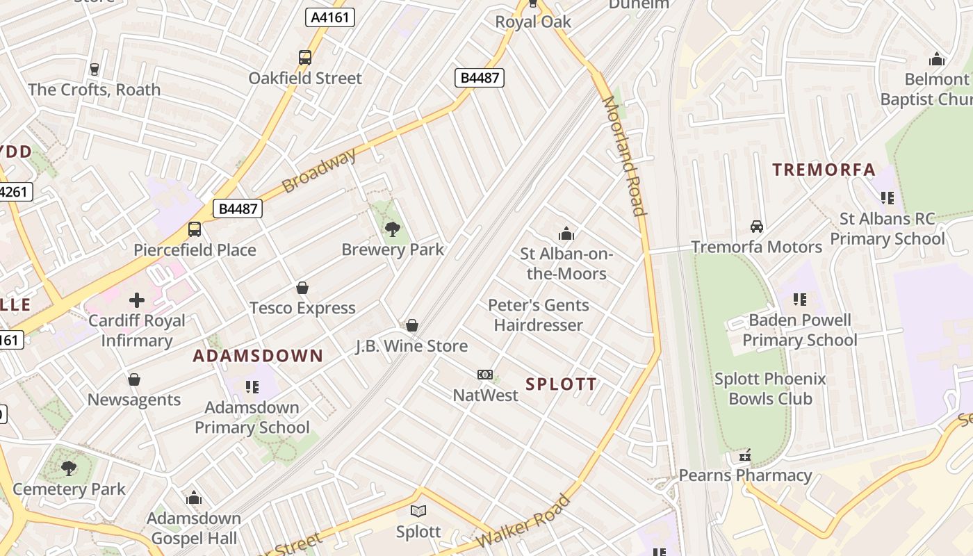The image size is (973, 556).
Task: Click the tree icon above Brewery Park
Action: (x=392, y=229)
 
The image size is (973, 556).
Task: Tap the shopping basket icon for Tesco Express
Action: (x=302, y=288)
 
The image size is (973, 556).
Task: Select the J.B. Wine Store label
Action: (x=411, y=345)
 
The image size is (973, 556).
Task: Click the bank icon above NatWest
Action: (x=485, y=375)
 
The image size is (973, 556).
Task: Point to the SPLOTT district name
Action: (x=561, y=384)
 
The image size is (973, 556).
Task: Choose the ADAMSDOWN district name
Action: (x=258, y=357)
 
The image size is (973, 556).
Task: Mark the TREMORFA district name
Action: (x=824, y=170)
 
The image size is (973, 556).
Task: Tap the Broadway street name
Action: (x=319, y=170)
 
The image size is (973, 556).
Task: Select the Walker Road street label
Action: (x=523, y=521)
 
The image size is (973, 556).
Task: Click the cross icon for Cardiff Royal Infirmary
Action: (x=137, y=300)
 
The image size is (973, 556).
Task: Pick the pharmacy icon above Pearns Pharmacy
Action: (x=745, y=456)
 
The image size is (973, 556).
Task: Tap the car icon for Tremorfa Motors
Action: (x=756, y=227)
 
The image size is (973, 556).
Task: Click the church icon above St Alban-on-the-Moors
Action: (x=566, y=234)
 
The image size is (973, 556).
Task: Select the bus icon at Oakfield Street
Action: (x=305, y=58)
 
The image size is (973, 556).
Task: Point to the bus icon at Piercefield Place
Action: (x=195, y=229)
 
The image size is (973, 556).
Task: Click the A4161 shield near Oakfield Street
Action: (x=330, y=17)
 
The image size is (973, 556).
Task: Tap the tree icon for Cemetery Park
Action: (x=69, y=468)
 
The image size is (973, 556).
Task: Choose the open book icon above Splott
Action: (x=418, y=512)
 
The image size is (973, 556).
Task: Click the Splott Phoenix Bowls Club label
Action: (x=770, y=389)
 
